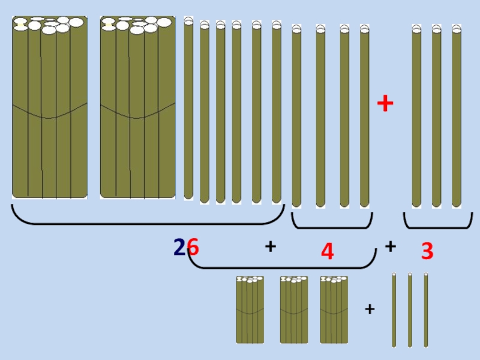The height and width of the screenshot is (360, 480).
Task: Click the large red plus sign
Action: [x=385, y=104]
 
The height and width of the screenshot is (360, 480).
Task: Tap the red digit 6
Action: [x=193, y=246]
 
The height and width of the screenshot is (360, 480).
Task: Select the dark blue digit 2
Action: [x=179, y=247]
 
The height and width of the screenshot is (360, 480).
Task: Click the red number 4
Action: [x=327, y=251]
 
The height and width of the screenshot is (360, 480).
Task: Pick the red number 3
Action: [x=427, y=251]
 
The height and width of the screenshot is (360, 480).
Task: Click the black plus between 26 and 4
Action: [x=270, y=246]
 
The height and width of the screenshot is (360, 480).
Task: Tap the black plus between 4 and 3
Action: [x=391, y=246]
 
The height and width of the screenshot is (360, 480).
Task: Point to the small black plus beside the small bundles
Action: [x=370, y=310]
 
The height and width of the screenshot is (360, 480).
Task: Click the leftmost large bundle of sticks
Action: [x=50, y=108]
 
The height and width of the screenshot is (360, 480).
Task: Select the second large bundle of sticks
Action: [x=137, y=108]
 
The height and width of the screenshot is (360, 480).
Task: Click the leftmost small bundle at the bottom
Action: [x=250, y=310]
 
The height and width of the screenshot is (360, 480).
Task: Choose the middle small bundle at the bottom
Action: [x=294, y=310]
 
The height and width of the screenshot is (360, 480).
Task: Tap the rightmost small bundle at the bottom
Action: [x=334, y=310]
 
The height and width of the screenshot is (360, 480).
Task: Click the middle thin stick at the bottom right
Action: [x=410, y=310]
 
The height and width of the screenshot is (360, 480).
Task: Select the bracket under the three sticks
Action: [x=437, y=222]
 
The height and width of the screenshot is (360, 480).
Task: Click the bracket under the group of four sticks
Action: [x=332, y=222]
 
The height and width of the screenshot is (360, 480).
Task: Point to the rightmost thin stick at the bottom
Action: [x=426, y=310]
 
